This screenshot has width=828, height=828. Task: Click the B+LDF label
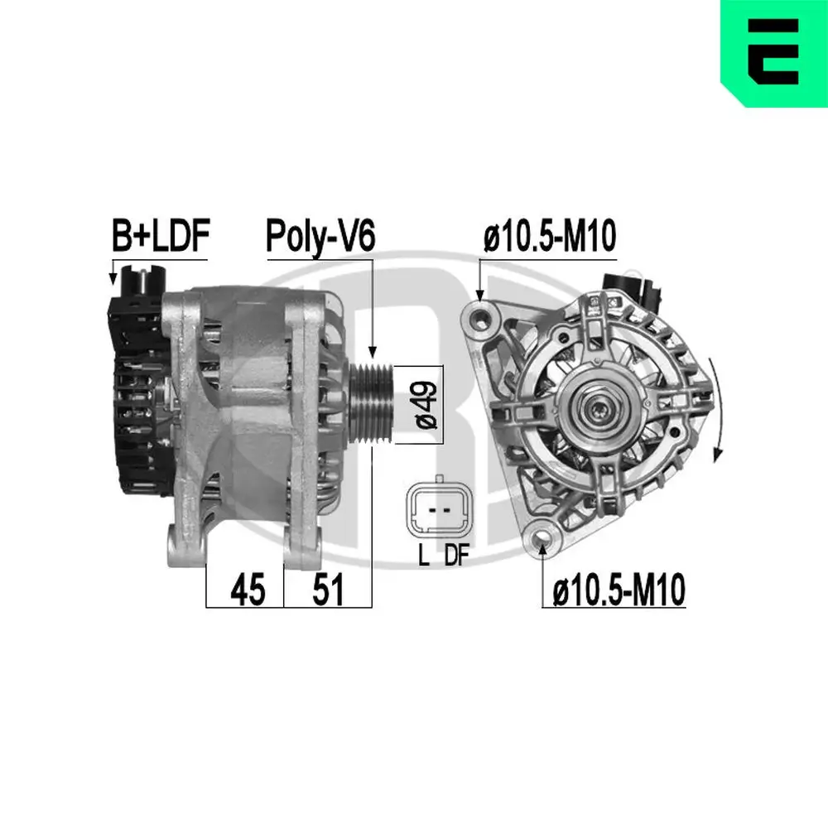[161, 236]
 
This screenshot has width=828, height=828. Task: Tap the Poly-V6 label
[320, 236]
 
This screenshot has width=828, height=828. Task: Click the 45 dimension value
[248, 590]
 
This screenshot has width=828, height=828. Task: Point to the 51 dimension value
[327, 590]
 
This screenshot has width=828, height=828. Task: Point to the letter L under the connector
[423, 556]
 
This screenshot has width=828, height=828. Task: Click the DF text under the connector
[456, 556]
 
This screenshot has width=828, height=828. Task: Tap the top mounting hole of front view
[480, 315]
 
